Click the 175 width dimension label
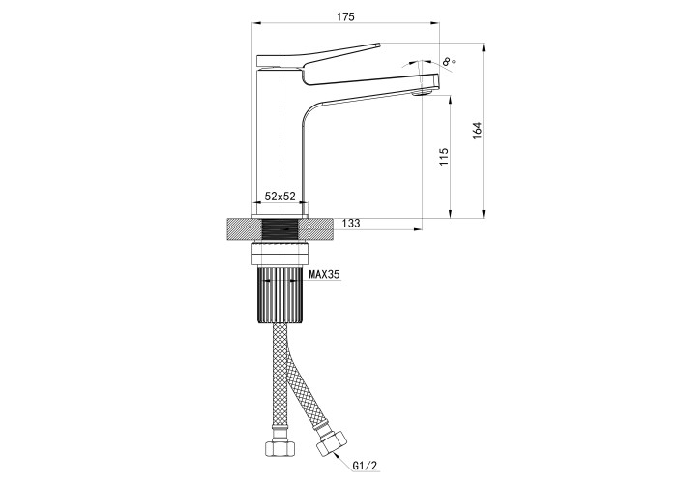pyautogui.click(x=345, y=16)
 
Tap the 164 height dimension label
pyautogui.click(x=477, y=131)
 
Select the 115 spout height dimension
pyautogui.click(x=444, y=157)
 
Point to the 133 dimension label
pyautogui.click(x=351, y=224)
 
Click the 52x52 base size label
pyautogui.click(x=280, y=197)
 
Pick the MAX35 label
pyautogui.click(x=324, y=274)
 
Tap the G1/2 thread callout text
pyautogui.click(x=366, y=466)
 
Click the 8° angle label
pyautogui.click(x=449, y=61)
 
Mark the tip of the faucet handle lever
pyautogui.click(x=379, y=45)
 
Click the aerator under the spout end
pyautogui.click(x=423, y=92)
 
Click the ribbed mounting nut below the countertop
pyautogui.click(x=281, y=295)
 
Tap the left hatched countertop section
pyautogui.click(x=244, y=229)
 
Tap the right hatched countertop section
pyautogui.click(x=316, y=229)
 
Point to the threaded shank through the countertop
pyautogui.click(x=281, y=229)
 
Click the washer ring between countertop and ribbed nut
pyautogui.click(x=280, y=254)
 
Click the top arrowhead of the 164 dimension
pyautogui.click(x=484, y=47)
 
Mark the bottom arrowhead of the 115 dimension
pyautogui.click(x=451, y=214)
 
